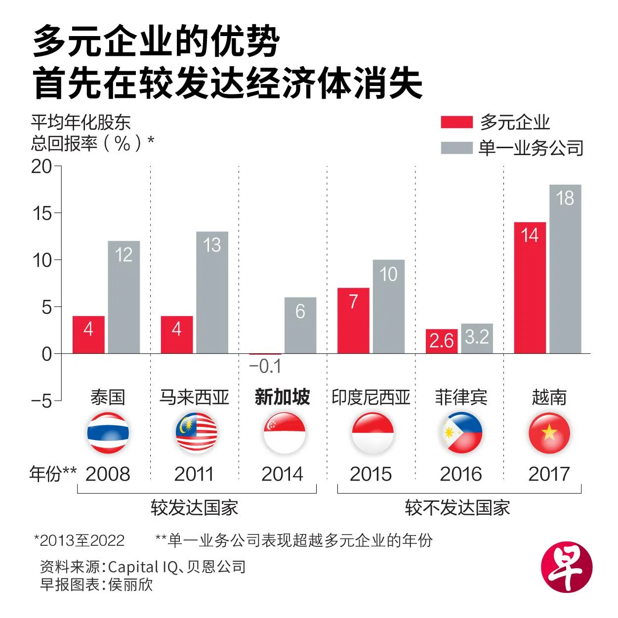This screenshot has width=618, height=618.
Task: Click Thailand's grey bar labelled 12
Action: (x=124, y=297)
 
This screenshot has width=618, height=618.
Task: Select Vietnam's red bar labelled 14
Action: (x=530, y=288)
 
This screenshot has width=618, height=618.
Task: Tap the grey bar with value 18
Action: (x=565, y=269)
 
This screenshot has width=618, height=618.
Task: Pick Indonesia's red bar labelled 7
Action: (x=353, y=320)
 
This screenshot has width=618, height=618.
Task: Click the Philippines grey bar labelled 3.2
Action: (x=477, y=338)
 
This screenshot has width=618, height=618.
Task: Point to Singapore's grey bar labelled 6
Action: (x=300, y=325)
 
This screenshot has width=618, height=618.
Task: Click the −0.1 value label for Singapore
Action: (x=265, y=367)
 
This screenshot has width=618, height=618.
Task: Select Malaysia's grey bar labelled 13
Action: (x=212, y=292)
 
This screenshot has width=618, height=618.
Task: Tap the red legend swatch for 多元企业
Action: (x=456, y=122)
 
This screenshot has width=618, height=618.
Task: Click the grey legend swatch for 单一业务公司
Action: (x=456, y=148)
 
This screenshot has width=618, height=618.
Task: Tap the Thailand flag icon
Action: (x=108, y=433)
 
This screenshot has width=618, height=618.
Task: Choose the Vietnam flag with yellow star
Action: (x=549, y=433)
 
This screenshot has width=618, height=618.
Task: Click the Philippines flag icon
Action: (x=461, y=433)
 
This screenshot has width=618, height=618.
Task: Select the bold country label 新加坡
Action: (x=282, y=397)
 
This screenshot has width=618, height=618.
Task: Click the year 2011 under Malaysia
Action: (x=194, y=474)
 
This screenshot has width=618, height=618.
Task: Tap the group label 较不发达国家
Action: (x=457, y=508)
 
